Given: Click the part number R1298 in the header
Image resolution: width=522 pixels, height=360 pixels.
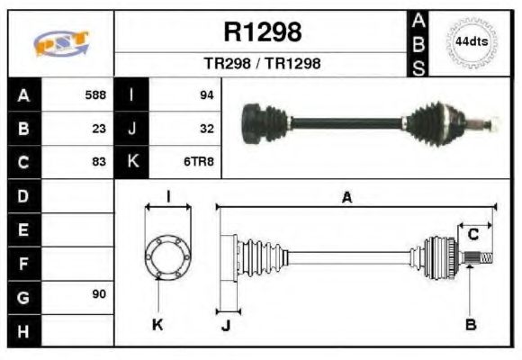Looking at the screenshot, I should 262,32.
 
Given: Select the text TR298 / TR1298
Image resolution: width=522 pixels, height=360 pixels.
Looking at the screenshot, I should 262,64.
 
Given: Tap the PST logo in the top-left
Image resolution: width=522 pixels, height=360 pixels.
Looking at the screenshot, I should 59,43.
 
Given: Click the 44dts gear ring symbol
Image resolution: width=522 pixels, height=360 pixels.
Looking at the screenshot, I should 470,42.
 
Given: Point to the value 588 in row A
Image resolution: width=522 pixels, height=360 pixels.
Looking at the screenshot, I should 95,94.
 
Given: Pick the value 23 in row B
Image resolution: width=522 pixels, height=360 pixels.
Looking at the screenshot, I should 99,128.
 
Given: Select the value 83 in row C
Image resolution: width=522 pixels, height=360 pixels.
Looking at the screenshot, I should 99,162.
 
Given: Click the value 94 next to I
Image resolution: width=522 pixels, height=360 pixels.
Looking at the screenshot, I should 206,94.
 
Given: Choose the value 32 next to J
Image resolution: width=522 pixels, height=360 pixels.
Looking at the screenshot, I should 206,128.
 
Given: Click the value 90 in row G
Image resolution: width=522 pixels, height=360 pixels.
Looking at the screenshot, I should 99,294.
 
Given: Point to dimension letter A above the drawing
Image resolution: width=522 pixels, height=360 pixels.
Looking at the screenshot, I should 346,198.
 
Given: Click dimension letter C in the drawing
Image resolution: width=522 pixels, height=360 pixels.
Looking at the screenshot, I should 472,235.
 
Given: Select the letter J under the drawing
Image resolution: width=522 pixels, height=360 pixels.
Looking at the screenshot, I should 225,325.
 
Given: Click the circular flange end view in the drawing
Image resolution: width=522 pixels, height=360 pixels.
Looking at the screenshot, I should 168,256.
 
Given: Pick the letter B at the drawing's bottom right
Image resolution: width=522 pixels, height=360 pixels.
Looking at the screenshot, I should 470,324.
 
